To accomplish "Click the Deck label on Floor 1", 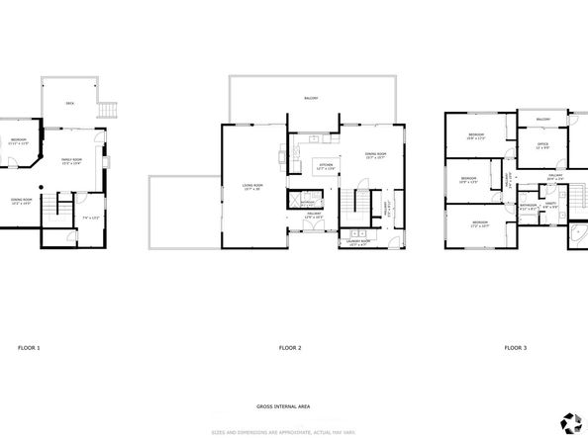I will coord(69,102).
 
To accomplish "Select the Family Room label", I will coord(71,161).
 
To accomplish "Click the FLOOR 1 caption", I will coord(30,348).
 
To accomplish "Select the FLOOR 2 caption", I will coord(291,348).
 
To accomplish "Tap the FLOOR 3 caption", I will coord(515,348).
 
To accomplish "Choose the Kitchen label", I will coord(326,166).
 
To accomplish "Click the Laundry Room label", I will coord(358,241).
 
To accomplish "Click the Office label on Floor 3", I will coord(542,145).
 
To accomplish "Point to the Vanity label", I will coord(550,205).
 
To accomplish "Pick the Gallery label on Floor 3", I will coord(554,176).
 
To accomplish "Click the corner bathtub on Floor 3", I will coord(573,235).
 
